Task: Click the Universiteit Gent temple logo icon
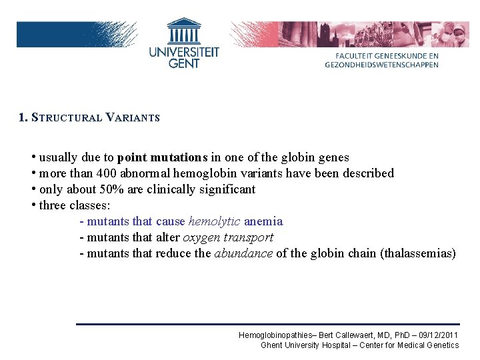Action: [184, 30]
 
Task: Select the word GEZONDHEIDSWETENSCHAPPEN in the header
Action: [381, 65]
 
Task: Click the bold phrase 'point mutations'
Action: [162, 158]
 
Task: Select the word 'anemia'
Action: [263, 221]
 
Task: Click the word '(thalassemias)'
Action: [417, 253]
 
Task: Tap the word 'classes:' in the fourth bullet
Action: [89, 205]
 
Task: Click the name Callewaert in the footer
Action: [362, 335]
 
